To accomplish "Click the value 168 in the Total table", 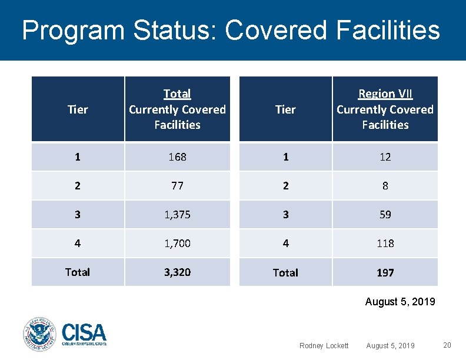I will [177, 157].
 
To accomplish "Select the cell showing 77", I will [177, 186].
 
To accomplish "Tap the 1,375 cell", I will [177, 215].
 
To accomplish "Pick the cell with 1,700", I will [177, 243].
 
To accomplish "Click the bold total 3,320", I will [177, 272].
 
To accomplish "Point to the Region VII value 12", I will [385, 157].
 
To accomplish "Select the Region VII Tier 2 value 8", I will [385, 186].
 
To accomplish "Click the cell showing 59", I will [385, 215].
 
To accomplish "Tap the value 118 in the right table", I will [385, 243].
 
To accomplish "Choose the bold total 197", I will [385, 272].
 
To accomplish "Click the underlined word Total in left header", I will [177, 94].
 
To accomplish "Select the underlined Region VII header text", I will [385, 94].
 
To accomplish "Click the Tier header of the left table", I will [78, 109].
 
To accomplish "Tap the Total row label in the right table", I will [285, 272].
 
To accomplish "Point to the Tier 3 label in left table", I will [78, 215].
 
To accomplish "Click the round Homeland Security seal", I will [39, 335].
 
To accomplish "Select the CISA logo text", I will [84, 334].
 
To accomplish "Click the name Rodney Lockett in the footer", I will [324, 346].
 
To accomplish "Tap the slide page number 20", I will [447, 345].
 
